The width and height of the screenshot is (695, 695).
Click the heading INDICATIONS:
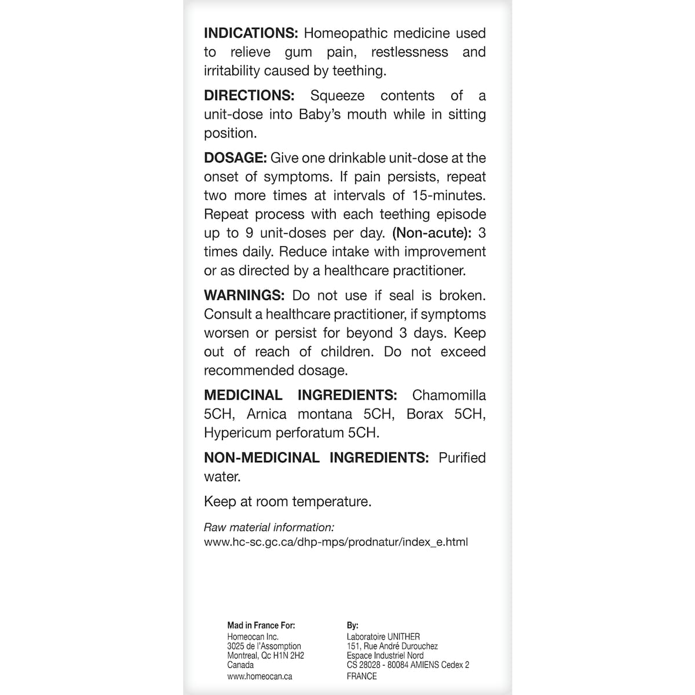point(251,34)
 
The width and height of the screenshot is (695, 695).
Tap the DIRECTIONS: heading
point(249,96)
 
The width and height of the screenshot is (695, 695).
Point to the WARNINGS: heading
point(244,295)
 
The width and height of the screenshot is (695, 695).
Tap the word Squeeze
point(337,96)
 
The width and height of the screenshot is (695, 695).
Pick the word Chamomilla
point(449,396)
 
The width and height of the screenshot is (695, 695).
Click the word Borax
point(425,414)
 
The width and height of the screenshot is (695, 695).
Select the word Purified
point(462,458)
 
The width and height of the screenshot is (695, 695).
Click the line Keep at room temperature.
point(287,502)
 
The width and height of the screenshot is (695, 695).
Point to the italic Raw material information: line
point(269,528)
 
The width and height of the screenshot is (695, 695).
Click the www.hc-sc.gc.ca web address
point(336,543)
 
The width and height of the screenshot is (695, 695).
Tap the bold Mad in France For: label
point(261,625)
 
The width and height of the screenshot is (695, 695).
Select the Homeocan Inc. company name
point(253,637)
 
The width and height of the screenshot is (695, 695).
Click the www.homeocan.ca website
point(259,676)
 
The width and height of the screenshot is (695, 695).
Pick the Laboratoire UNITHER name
point(383,637)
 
